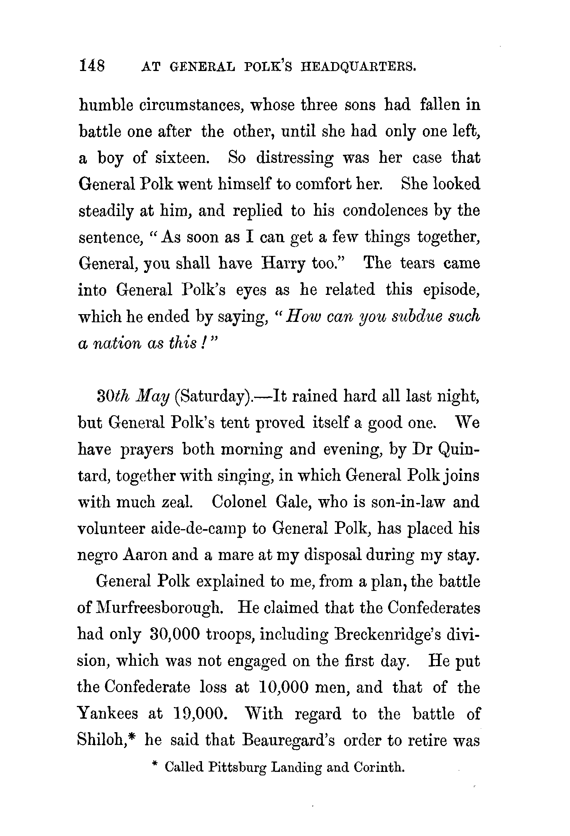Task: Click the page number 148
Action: click(92, 66)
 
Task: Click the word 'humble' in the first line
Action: click(101, 105)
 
